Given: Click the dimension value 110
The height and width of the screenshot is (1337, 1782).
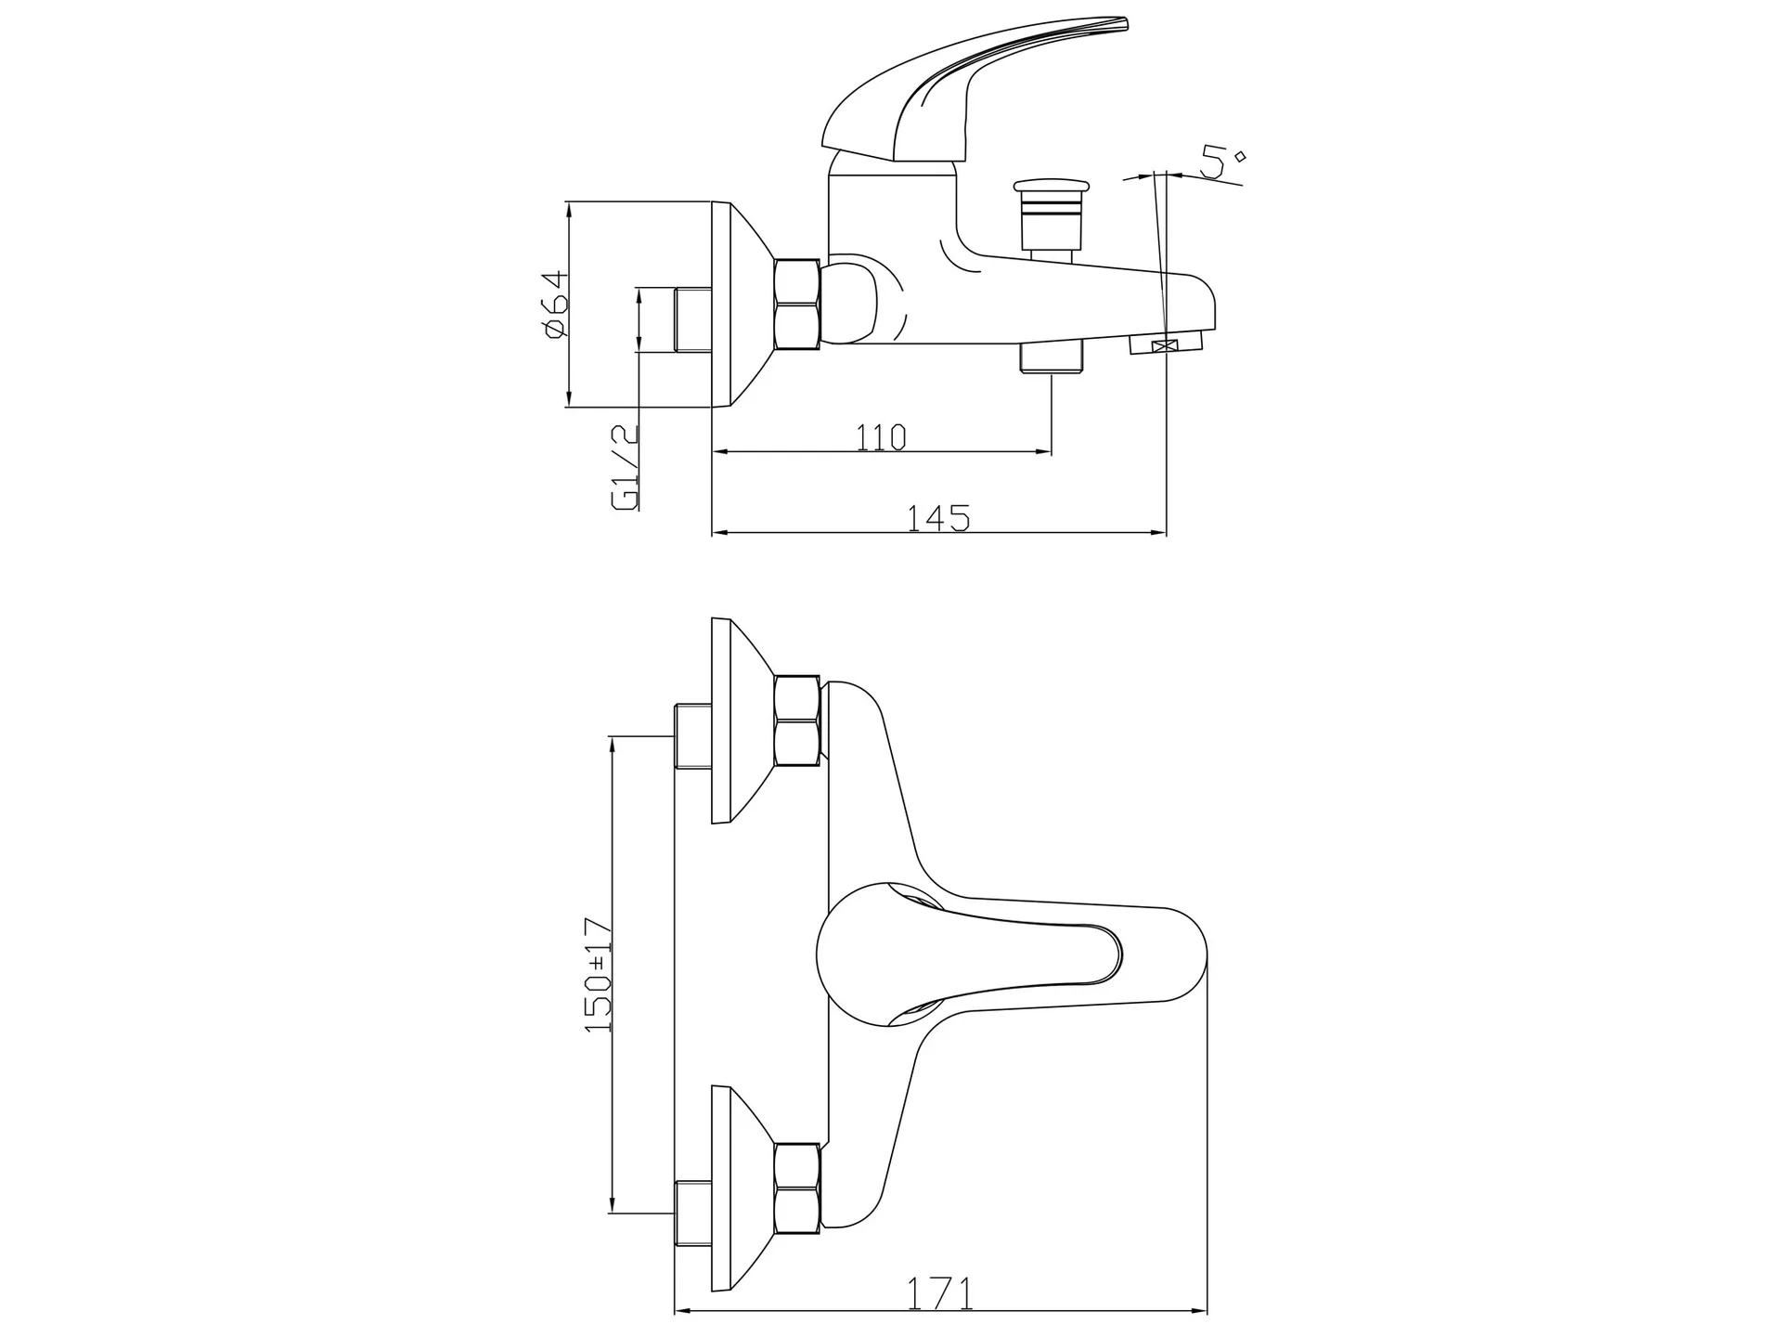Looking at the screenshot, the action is click(881, 436).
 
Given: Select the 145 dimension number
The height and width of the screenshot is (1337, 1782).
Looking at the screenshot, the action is click(938, 518).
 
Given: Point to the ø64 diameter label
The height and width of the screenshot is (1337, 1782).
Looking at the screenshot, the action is click(552, 305).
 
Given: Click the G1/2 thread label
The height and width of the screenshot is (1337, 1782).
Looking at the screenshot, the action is click(626, 467).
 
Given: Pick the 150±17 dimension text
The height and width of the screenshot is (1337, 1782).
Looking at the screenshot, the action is click(599, 974).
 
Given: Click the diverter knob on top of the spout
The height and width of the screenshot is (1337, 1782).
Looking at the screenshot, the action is click(1051, 215).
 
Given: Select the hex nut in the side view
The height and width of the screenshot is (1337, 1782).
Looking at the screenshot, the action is click(796, 305).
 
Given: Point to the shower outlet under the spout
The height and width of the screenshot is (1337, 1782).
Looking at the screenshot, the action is click(1052, 357).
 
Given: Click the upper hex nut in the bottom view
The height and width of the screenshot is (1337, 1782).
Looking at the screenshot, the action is click(796, 720).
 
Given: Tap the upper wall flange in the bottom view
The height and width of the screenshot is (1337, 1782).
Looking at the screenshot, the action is click(742, 720).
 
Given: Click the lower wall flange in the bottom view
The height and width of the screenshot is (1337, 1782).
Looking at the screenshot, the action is click(742, 1189).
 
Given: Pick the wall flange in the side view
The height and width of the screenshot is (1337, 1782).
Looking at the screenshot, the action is click(742, 305).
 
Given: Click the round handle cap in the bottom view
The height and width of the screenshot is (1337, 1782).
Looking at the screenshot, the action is click(881, 963).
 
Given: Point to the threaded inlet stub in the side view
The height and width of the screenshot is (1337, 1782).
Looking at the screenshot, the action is click(692, 319).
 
